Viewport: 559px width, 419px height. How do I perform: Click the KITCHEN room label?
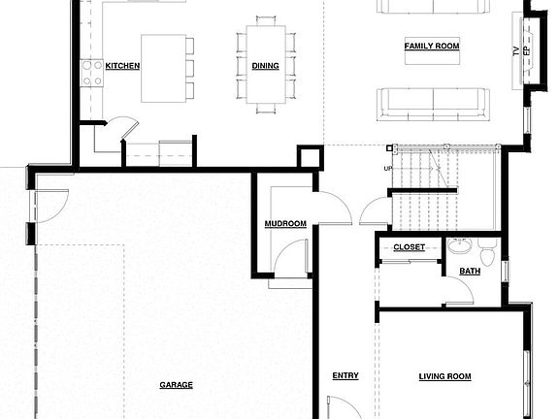[122, 66]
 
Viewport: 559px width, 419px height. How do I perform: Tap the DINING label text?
[265, 66]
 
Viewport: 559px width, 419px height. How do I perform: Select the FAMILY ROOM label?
[432, 46]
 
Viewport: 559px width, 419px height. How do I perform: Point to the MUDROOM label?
[285, 224]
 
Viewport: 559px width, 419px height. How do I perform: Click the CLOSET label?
[409, 247]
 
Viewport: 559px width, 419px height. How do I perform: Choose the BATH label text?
[470, 272]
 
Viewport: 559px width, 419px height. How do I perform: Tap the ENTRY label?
[345, 376]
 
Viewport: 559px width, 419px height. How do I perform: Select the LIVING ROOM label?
[444, 376]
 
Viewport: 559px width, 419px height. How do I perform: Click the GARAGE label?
[176, 385]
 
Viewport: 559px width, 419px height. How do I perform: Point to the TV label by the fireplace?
[516, 50]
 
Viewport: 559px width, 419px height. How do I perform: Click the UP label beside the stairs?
[389, 169]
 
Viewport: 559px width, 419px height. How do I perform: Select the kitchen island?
[163, 68]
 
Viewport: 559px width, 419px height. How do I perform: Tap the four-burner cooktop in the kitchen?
[92, 73]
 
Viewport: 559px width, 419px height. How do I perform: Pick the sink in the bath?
[459, 246]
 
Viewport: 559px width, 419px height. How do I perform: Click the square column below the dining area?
[310, 157]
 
